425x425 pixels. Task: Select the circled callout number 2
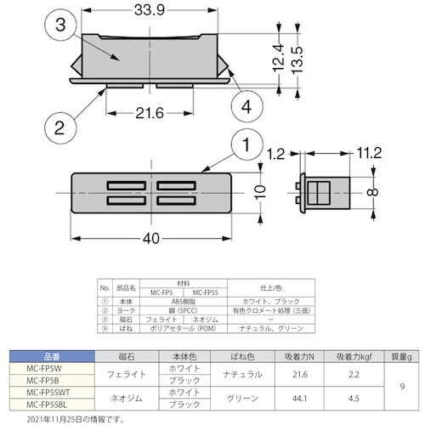pyautogui.click(x=57, y=128)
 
